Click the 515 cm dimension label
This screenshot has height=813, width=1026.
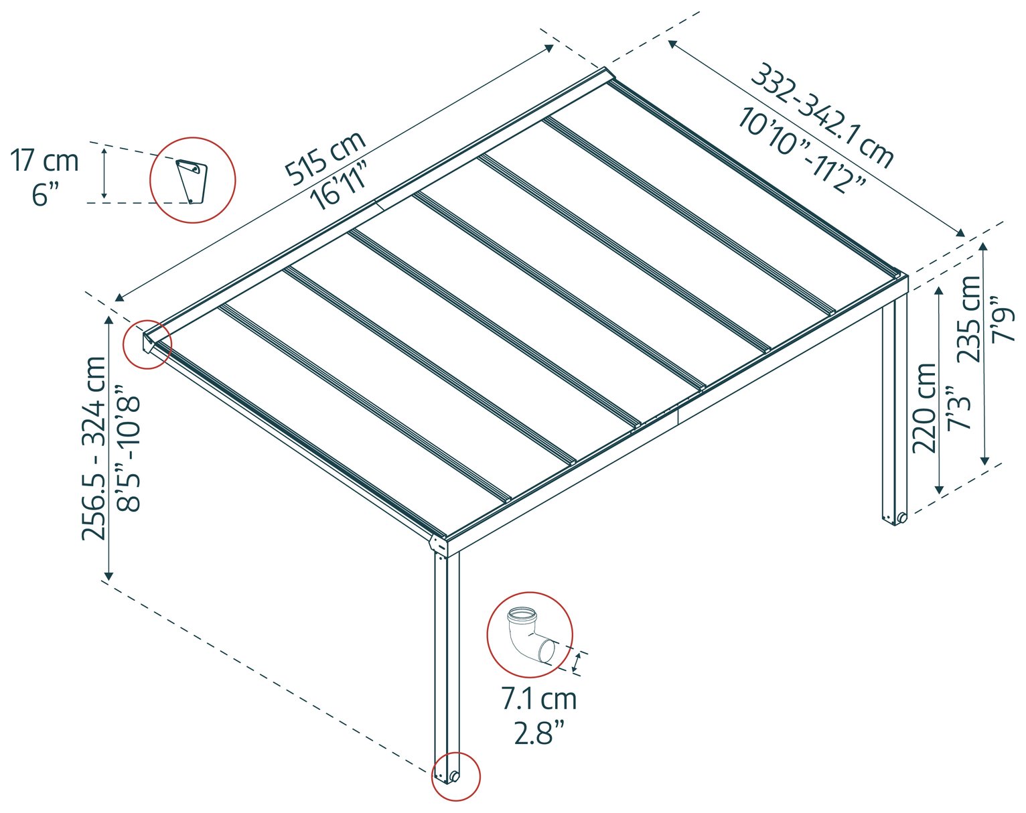pyautogui.click(x=325, y=157)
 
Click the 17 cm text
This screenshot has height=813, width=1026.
pyautogui.click(x=44, y=161)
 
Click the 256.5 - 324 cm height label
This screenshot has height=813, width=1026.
pyautogui.click(x=94, y=448)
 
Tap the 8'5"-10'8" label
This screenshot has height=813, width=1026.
pyautogui.click(x=129, y=448)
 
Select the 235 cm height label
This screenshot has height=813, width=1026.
pyautogui.click(x=968, y=319)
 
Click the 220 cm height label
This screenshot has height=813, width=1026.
pyautogui.click(x=924, y=408)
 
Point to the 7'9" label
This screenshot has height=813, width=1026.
pyautogui.click(x=1003, y=319)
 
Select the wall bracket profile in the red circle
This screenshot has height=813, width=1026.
pyautogui.click(x=192, y=181)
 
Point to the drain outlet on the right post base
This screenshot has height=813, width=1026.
pyautogui.click(x=901, y=518)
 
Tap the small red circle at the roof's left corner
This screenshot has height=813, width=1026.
pyautogui.click(x=147, y=344)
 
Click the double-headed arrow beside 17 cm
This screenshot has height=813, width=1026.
pyautogui.click(x=104, y=173)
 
